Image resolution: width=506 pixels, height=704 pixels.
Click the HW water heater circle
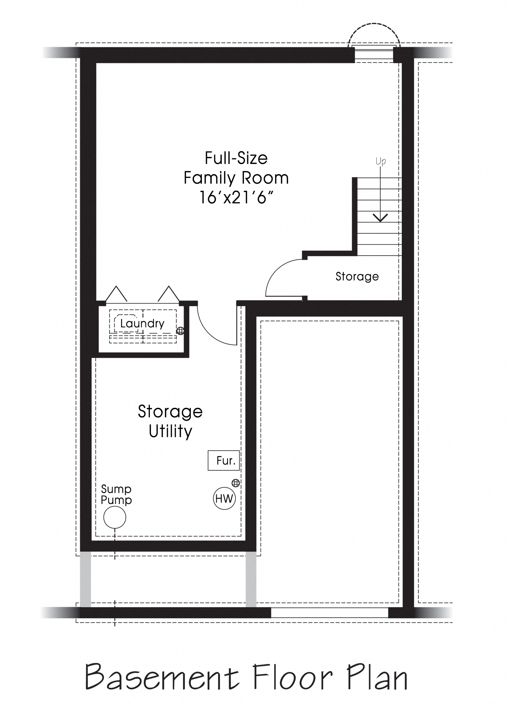(224, 498)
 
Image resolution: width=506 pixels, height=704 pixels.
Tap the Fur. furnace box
(224, 461)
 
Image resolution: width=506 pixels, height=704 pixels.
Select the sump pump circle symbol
(115, 517)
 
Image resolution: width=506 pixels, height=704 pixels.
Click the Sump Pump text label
(116, 495)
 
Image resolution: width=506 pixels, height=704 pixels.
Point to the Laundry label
(142, 323)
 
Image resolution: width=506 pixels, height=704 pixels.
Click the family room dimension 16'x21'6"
(236, 197)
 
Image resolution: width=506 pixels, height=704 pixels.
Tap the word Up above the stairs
(381, 161)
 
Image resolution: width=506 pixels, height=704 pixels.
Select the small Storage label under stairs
(357, 276)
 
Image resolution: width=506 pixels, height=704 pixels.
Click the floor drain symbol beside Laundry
(180, 331)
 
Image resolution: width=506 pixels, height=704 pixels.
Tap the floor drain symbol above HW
(236, 483)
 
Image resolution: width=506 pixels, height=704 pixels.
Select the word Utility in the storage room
(170, 431)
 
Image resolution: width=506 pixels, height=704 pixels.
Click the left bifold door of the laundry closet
(116, 294)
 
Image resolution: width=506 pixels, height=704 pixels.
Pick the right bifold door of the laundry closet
(168, 294)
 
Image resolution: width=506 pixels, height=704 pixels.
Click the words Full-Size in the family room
(236, 158)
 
